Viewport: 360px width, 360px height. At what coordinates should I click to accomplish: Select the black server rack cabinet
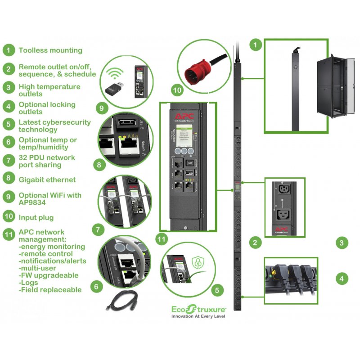coord(331,85)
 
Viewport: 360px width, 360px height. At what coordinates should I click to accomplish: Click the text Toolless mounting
coord(50,50)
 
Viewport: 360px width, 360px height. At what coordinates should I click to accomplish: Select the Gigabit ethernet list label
coord(47,180)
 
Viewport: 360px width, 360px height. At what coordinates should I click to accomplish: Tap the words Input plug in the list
coord(36,217)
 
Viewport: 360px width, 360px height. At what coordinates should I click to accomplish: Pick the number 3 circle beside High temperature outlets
coord(8,86)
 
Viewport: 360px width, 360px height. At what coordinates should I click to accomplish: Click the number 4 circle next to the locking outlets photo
coord(342,279)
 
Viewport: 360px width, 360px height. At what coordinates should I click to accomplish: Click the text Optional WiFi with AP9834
coord(50,199)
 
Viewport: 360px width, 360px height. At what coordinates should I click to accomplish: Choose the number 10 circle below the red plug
coord(177,90)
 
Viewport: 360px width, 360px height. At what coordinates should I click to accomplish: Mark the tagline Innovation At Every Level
coord(198,316)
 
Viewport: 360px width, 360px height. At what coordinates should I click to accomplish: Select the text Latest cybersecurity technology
coord(54,126)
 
